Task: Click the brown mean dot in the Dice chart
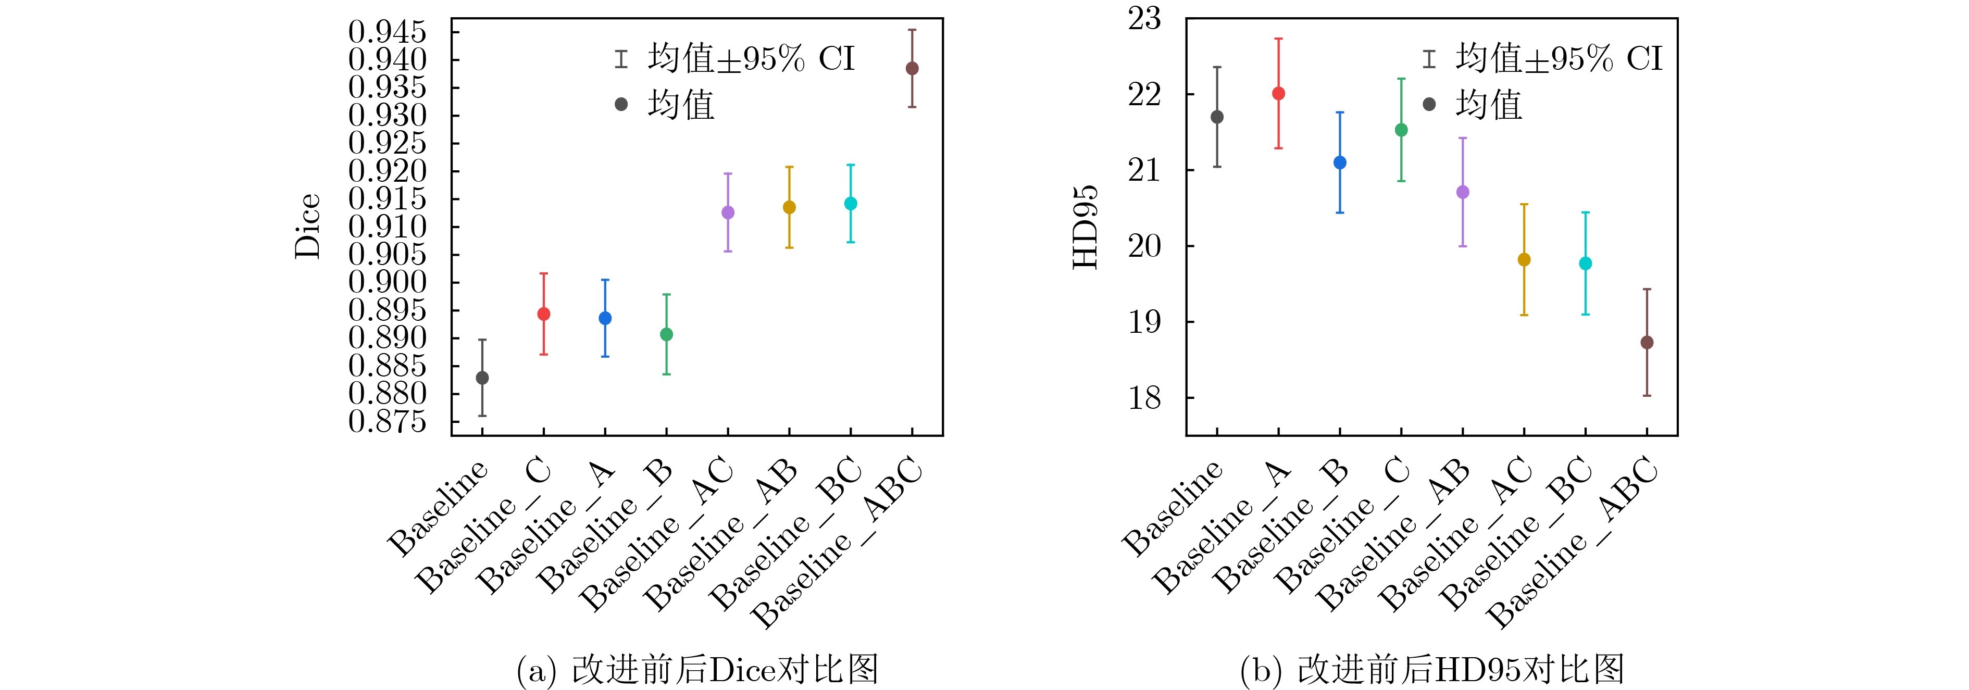tap(912, 68)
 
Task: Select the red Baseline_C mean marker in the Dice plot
tap(543, 314)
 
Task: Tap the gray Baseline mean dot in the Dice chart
tap(482, 378)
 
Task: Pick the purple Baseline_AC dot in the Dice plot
tap(728, 212)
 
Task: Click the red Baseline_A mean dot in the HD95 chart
tap(1279, 93)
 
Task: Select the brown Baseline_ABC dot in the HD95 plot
tap(1647, 342)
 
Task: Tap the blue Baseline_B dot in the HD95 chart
tap(1340, 163)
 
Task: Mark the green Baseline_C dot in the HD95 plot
tap(1401, 130)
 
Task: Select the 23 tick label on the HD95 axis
tap(1144, 18)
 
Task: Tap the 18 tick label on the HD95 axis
tap(1144, 397)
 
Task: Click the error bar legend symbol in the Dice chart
tap(621, 59)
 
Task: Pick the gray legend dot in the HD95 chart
tap(1429, 104)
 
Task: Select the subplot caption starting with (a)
tap(697, 669)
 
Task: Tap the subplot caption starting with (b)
tap(1431, 669)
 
